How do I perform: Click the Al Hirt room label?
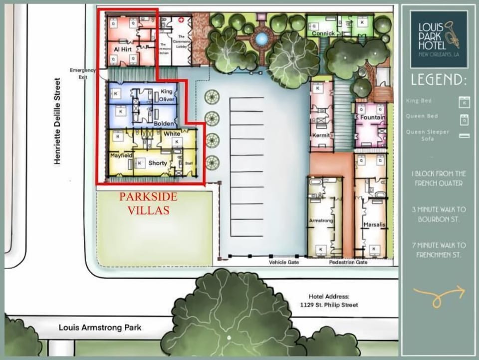tap(123, 50)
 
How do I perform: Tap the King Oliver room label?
tap(167, 95)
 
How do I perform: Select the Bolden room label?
tap(164, 123)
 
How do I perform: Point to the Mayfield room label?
tap(121, 155)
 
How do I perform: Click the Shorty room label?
tap(158, 163)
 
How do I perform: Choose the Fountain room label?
tap(371, 118)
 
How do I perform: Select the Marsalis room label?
tap(373, 225)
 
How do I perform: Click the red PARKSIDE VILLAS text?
tap(148, 203)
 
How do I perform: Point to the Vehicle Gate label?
tap(283, 262)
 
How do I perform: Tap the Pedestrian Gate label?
tap(348, 262)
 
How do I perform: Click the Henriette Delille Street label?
tap(58, 121)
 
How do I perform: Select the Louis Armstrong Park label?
tap(100, 328)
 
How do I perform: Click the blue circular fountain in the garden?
tap(260, 38)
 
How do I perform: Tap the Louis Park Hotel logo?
tap(439, 39)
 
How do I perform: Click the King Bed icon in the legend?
tap(464, 101)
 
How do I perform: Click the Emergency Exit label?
tap(82, 73)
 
